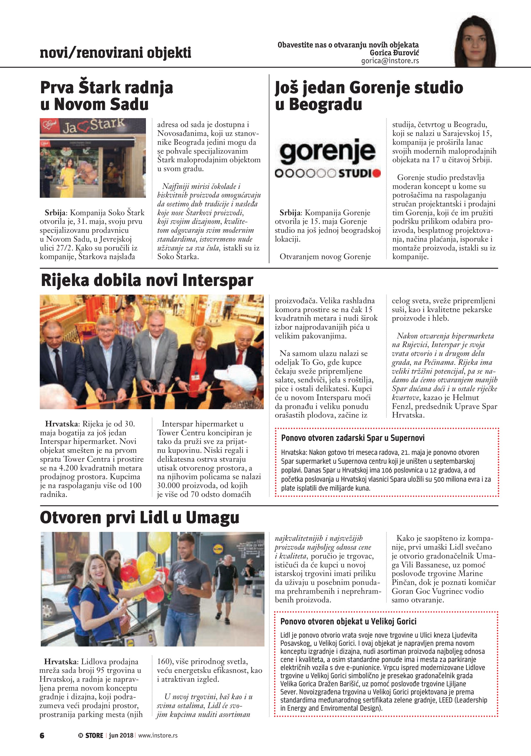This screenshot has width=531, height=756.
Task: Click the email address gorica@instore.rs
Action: [x=390, y=61]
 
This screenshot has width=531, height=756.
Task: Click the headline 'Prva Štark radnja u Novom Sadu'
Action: [x=106, y=96]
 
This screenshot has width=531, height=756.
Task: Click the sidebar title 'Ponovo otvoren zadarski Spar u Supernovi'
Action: [x=353, y=438]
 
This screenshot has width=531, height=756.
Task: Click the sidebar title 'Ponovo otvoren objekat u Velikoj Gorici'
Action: [x=348, y=621]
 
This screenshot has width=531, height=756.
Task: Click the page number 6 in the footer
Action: [x=42, y=735]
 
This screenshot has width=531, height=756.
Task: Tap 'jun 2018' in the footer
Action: [x=121, y=735]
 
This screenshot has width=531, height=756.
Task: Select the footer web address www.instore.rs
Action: [x=158, y=735]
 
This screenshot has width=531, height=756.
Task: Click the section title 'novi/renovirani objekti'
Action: [x=115, y=53]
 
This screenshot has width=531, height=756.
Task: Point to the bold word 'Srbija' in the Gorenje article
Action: [x=290, y=213]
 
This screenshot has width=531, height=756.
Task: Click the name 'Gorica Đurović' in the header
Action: [x=394, y=53]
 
